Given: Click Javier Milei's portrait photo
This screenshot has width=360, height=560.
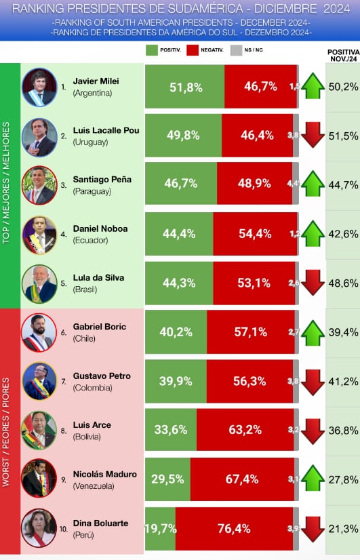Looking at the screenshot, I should [x=39, y=87].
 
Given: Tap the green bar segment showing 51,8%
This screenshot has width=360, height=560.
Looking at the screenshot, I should [x=184, y=87].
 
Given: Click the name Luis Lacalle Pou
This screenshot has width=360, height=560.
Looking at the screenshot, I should [x=106, y=130].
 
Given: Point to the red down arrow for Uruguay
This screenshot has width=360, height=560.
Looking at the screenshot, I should [x=313, y=136].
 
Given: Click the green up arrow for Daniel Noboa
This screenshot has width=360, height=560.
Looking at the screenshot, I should [x=313, y=234].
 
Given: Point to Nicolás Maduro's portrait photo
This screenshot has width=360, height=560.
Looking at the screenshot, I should [x=39, y=479].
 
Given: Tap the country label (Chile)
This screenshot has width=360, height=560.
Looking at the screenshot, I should [x=85, y=338].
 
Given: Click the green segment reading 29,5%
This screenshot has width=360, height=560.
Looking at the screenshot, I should [x=167, y=479].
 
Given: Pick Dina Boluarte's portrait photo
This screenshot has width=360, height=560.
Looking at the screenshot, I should [x=39, y=528].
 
